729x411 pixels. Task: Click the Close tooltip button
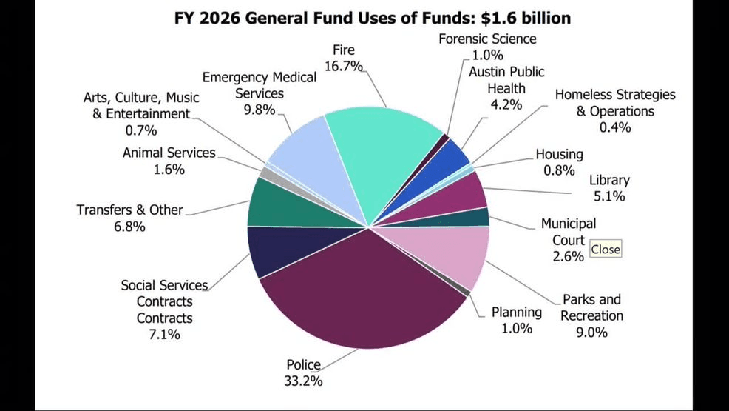point(605,250)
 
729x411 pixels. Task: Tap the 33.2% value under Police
point(304,381)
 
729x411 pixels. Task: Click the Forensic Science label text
point(487,39)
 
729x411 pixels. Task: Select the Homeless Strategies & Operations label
point(615,103)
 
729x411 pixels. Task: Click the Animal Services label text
point(169,153)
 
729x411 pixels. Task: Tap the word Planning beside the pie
point(517,312)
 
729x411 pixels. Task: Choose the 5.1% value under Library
point(609,196)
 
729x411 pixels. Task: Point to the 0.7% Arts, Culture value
point(140,130)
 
